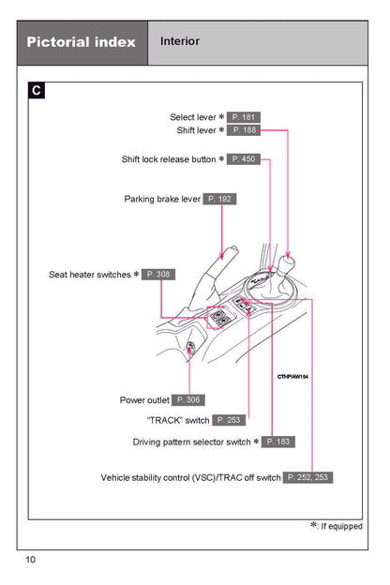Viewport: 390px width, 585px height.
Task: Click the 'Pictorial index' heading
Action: pyautogui.click(x=81, y=42)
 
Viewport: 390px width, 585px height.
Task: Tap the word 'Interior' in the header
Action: pyautogui.click(x=180, y=41)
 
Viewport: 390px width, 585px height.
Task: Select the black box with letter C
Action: pyautogui.click(x=37, y=90)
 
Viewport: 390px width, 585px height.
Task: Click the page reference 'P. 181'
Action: pyautogui.click(x=244, y=117)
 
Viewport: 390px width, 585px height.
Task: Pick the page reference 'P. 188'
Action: pyautogui.click(x=244, y=130)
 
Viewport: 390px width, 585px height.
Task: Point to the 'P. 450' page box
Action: pyautogui.click(x=244, y=159)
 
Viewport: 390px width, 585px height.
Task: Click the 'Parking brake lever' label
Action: pyautogui.click(x=162, y=199)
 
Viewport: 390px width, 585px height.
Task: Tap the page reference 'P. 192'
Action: pyautogui.click(x=219, y=199)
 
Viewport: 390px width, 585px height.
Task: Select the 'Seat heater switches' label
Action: pyautogui.click(x=90, y=275)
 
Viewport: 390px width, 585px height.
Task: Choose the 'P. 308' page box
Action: pyautogui.click(x=158, y=275)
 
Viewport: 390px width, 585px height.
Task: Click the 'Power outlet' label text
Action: pyautogui.click(x=144, y=400)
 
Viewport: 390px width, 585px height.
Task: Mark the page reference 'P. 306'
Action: pyautogui.click(x=188, y=400)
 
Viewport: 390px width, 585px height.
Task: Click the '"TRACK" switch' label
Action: pyautogui.click(x=178, y=420)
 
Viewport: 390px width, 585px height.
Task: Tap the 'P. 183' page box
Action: pyautogui.click(x=278, y=442)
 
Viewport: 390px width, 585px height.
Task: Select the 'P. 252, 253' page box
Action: pyautogui.click(x=307, y=477)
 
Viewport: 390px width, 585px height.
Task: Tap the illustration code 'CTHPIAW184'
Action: pyautogui.click(x=292, y=377)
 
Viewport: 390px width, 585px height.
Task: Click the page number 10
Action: pyautogui.click(x=30, y=560)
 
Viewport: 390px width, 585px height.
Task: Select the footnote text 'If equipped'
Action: pyautogui.click(x=341, y=527)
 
